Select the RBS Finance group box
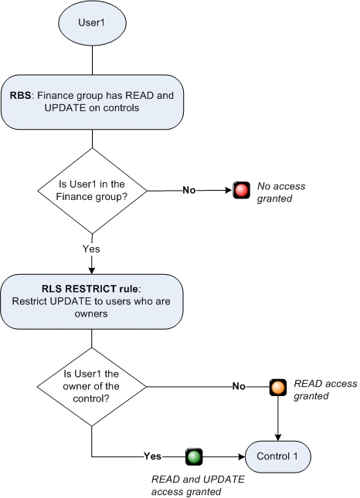tap(92, 102)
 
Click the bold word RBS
tap(22, 96)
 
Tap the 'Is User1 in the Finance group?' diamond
tap(92, 189)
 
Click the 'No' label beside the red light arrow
tap(188, 189)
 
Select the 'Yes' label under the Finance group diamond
tap(91, 249)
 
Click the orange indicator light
tap(277, 385)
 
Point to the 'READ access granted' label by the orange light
tap(318, 389)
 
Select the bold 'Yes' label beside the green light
tap(152, 456)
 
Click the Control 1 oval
tap(278, 456)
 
